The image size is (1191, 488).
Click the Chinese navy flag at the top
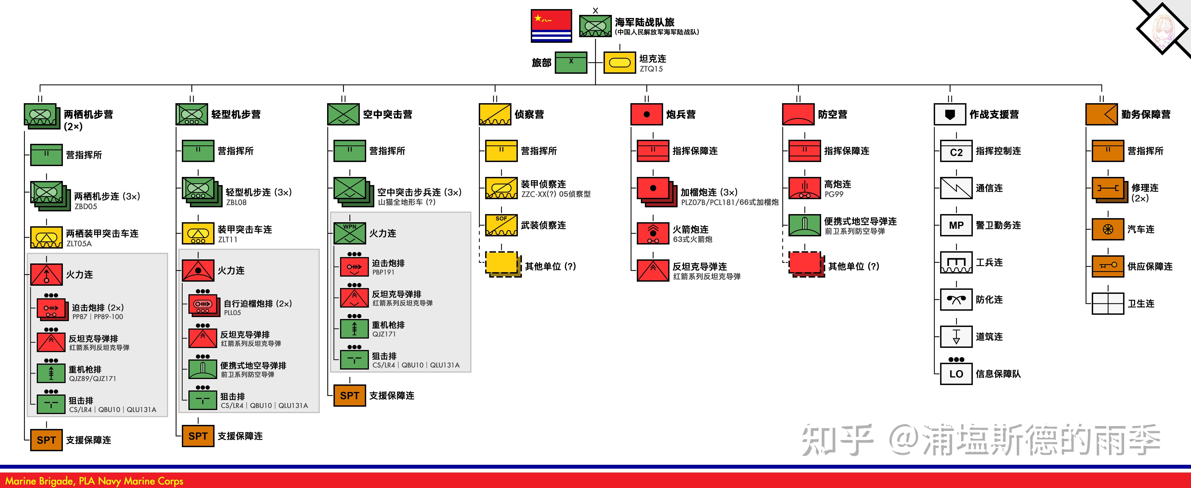click(551, 26)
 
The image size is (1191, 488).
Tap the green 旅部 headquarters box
click(571, 63)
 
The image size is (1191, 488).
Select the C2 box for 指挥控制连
click(956, 151)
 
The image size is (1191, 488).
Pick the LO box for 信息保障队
click(956, 374)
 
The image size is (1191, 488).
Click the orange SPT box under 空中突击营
click(350, 395)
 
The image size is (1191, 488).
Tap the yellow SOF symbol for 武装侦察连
click(501, 225)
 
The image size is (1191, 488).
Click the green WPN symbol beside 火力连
click(350, 233)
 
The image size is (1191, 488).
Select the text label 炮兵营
click(681, 114)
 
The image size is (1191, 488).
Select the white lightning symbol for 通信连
click(956, 188)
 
